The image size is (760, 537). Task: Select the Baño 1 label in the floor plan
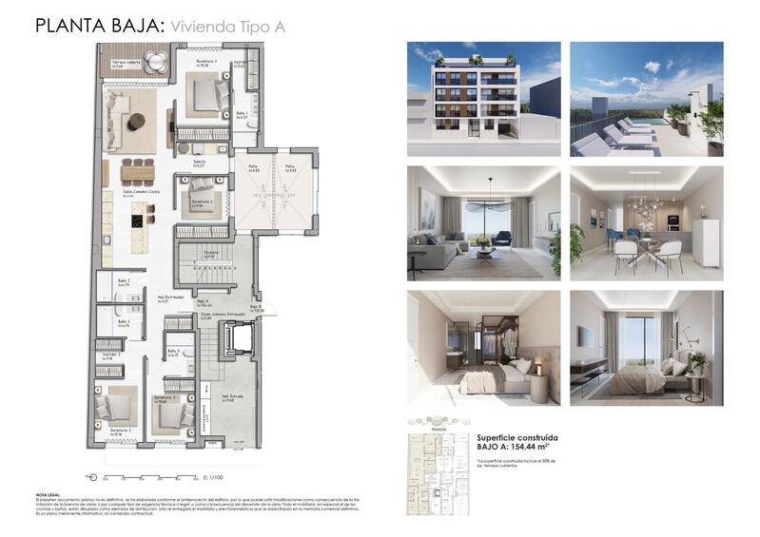pos(243,114)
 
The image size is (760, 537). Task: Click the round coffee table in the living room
pos(137,120)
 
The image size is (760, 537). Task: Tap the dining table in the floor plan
pos(137,172)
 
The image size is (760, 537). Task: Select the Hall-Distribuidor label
pos(171,297)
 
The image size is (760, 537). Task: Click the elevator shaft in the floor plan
pos(236,338)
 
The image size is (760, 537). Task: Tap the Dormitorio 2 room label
pos(119,431)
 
